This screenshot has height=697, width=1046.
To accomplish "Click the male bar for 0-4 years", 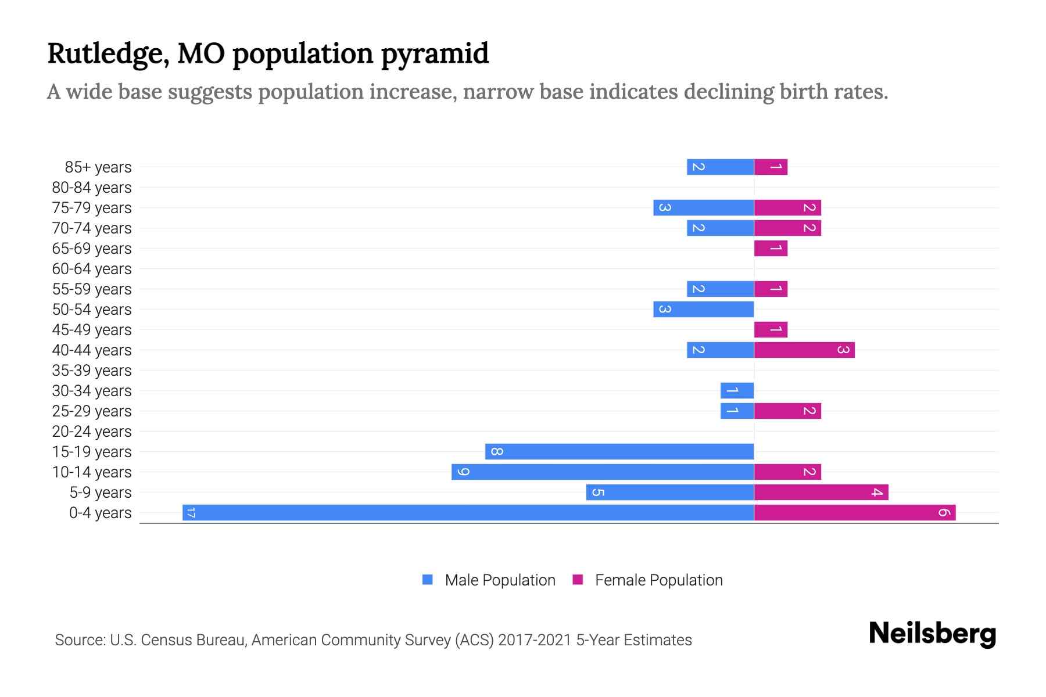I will pos(468,512).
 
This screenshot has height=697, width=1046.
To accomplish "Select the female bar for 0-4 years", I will pos(854,512).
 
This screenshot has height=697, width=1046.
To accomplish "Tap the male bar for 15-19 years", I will pos(619,451).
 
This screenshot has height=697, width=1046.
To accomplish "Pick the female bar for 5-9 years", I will pos(821,492).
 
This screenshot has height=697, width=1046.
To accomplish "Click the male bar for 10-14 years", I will pos(603,472).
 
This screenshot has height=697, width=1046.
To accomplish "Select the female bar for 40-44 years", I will pos(804,350).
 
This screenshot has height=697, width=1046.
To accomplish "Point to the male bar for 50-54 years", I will pos(703,309).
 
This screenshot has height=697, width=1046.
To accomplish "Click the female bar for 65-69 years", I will pos(771,248).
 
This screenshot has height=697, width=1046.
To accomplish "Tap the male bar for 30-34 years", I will pos(737,390).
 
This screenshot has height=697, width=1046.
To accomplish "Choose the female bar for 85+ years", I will pos(771,167).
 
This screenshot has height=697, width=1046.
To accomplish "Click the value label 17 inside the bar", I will pos(191,512).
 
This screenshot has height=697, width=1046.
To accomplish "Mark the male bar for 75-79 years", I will pos(703,207).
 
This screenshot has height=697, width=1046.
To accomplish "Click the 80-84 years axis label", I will pos(92,188).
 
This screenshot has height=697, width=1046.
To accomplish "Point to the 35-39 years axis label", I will pos(92,371).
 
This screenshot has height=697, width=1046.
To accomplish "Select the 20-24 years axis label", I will pos(92,432).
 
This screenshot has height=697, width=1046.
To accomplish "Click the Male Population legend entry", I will pos(499,580).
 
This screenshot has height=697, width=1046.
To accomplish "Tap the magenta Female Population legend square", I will pos(578,580).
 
